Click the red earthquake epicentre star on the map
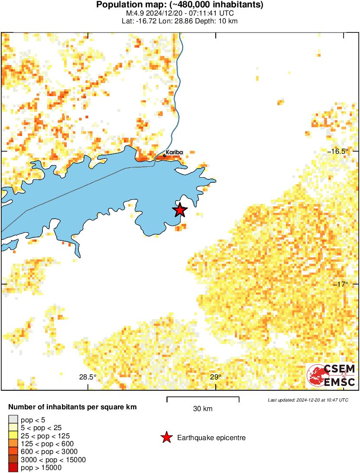point(180,210)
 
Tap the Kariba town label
point(175,152)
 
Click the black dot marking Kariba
point(164,155)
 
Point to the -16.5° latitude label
point(337,151)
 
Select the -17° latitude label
point(340,284)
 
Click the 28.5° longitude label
point(88,377)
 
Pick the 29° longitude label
point(215,377)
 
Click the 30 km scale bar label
point(202,408)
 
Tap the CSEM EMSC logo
point(331,376)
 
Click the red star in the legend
point(166,438)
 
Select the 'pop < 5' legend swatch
point(13,419)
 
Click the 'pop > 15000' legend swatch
point(13,468)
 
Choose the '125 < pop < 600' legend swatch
point(13,444)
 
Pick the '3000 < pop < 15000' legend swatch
point(13,460)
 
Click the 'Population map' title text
point(180,5)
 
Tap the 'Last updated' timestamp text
point(308,400)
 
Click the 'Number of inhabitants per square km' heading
point(73,407)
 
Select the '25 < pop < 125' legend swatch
point(13,435)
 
